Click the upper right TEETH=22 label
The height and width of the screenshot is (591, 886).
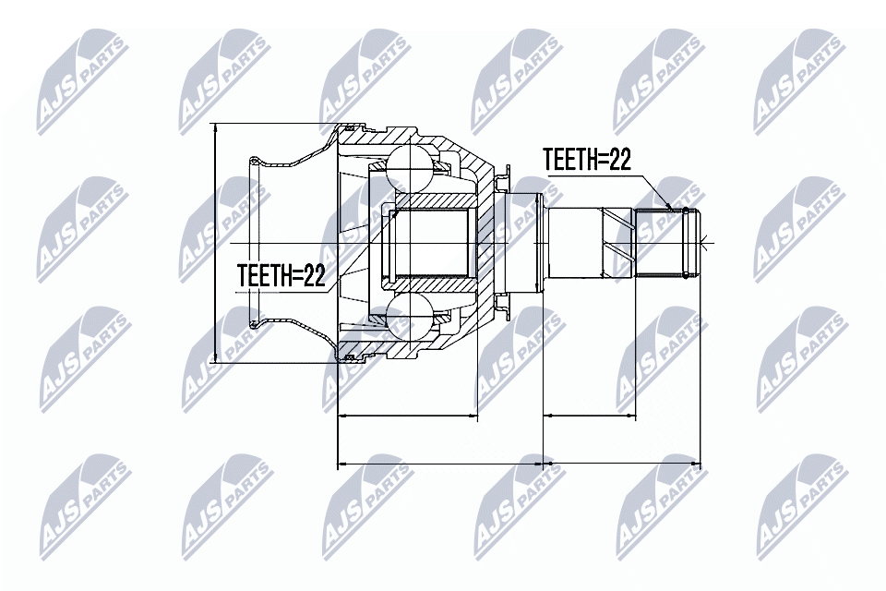point(586,161)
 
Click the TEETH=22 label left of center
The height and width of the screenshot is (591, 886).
point(281,276)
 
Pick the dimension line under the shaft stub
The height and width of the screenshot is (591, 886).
point(590,416)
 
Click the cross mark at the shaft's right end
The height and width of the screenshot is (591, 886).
point(703,244)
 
